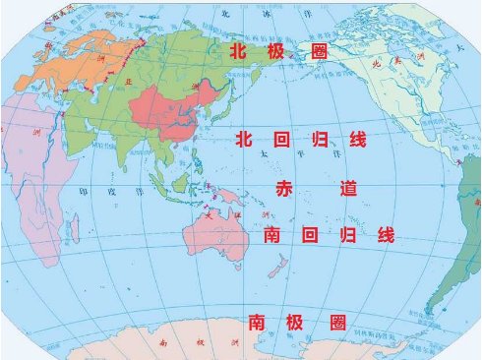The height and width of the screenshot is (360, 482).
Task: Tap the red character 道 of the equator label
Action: pyautogui.click(x=347, y=189)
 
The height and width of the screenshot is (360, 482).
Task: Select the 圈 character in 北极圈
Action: pyautogui.click(x=318, y=50)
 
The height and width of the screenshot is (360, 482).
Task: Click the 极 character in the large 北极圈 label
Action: pyautogui.click(x=276, y=50)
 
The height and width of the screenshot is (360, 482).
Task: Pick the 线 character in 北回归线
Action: pyautogui.click(x=358, y=142)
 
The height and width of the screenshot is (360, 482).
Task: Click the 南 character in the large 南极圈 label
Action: pyautogui.click(x=256, y=322)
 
